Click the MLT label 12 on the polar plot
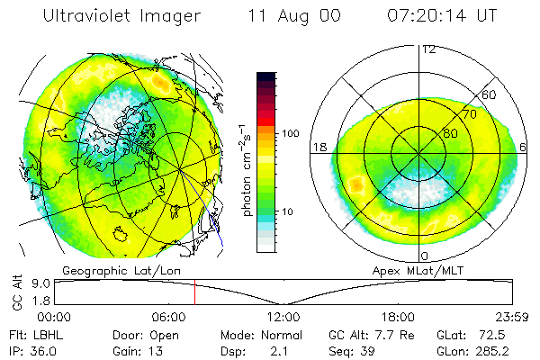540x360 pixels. click(x=428, y=49)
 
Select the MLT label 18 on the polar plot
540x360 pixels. click(x=319, y=146)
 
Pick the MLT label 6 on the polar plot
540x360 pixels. click(x=524, y=146)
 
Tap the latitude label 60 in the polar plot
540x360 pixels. click(x=490, y=94)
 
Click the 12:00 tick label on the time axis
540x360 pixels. click(x=283, y=317)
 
